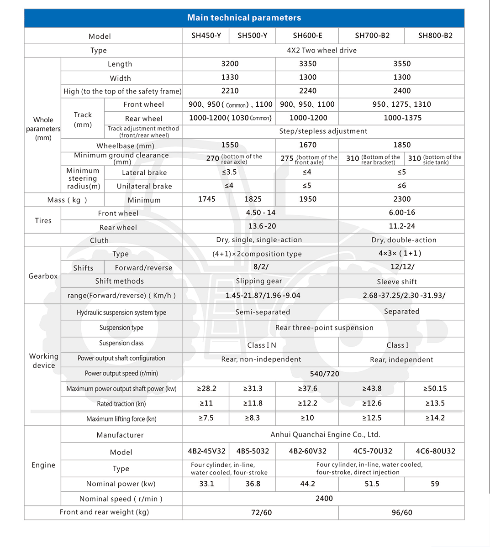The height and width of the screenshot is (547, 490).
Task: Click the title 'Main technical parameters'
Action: (244, 18)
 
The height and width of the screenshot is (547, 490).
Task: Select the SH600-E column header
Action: (307, 36)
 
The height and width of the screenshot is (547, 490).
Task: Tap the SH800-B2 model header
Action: (435, 36)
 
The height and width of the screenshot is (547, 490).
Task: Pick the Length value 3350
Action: (307, 64)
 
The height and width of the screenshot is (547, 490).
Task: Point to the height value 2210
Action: (230, 91)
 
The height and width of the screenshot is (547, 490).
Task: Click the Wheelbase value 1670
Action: (307, 145)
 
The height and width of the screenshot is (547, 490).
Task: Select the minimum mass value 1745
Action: (206, 199)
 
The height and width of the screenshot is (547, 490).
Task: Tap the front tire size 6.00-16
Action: (402, 213)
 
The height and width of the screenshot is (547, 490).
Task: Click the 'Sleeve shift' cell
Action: (397, 282)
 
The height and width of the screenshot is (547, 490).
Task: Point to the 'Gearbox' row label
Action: (43, 276)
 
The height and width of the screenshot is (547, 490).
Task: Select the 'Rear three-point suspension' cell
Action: (324, 328)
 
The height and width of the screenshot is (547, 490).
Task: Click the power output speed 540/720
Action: (324, 374)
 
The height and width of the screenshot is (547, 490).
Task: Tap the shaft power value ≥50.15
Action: (435, 389)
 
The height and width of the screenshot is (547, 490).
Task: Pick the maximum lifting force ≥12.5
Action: (372, 418)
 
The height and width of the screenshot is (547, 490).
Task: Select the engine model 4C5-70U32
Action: (373, 451)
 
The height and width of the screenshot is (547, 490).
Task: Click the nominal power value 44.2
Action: (307, 484)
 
